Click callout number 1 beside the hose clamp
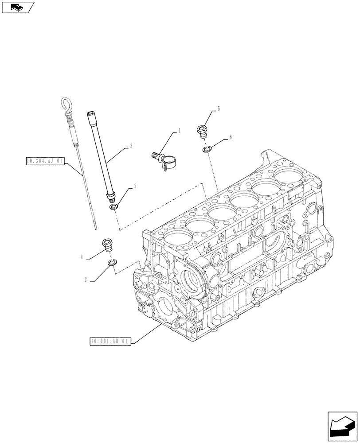[179, 130]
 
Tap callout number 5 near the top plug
[219, 108]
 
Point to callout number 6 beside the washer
[230, 138]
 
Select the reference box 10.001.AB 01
[110, 341]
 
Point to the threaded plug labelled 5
[202, 131]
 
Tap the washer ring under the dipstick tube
[114, 207]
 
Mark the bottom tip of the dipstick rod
[96, 229]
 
